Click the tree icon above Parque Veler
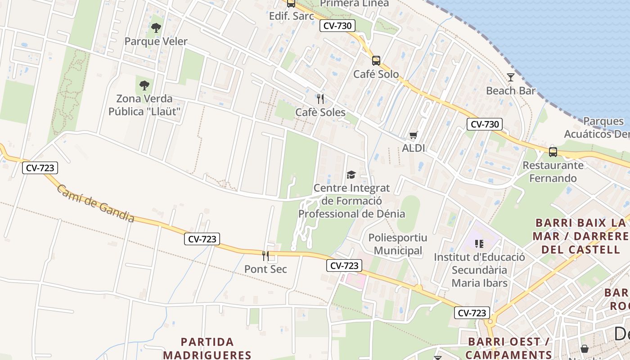pyautogui.click(x=156, y=28)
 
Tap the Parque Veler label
pyautogui.click(x=156, y=41)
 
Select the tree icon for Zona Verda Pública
pyautogui.click(x=144, y=85)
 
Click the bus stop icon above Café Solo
pyautogui.click(x=376, y=61)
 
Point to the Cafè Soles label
pyautogui.click(x=320, y=112)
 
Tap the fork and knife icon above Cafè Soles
pyautogui.click(x=320, y=99)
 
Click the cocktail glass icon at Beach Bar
pyautogui.click(x=510, y=77)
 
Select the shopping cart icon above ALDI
pyautogui.click(x=413, y=135)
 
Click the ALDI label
pyautogui.click(x=413, y=148)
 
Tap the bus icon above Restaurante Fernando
pyautogui.click(x=553, y=152)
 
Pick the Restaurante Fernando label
pyautogui.click(x=553, y=171)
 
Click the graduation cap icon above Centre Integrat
pyautogui.click(x=351, y=175)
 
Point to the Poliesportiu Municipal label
pyautogui.click(x=398, y=244)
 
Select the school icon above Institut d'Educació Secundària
pyautogui.click(x=479, y=244)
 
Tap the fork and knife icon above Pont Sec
pyautogui.click(x=265, y=256)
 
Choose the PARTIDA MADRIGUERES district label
pyautogui.click(x=207, y=348)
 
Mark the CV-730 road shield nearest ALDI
pyautogui.click(x=484, y=124)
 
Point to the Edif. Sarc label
pyautogui.click(x=291, y=16)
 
